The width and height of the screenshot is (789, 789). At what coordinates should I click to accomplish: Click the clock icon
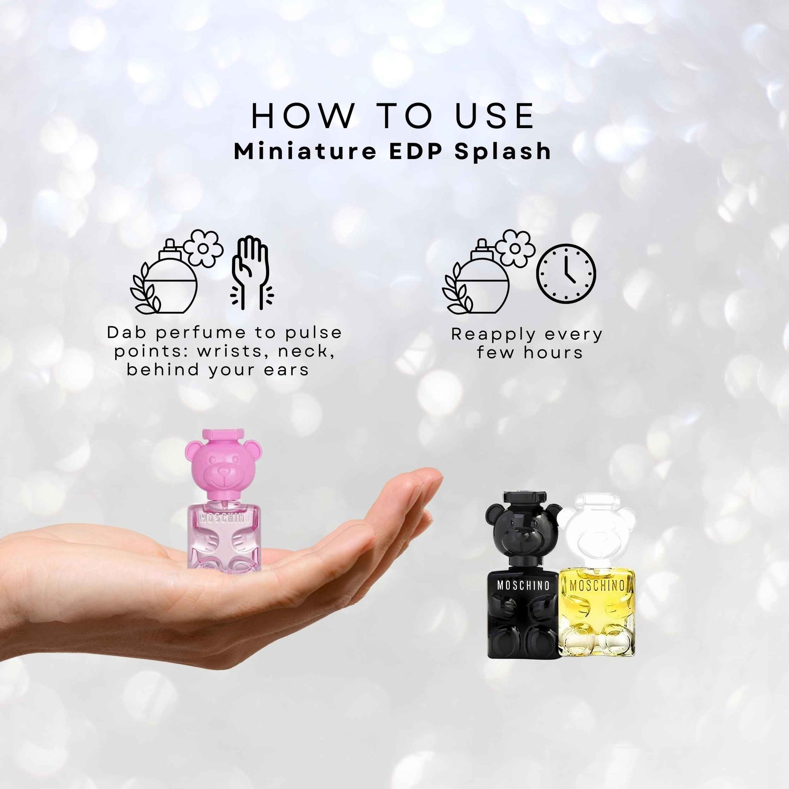[566, 274]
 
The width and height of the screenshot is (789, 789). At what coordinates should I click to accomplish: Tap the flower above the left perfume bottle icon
[203, 247]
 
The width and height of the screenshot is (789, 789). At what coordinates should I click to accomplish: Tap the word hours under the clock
[553, 352]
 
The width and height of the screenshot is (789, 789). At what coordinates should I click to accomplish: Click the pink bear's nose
[224, 472]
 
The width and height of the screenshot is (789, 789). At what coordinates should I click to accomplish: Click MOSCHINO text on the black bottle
[523, 585]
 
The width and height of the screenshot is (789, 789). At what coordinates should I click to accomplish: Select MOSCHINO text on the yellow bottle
[597, 585]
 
